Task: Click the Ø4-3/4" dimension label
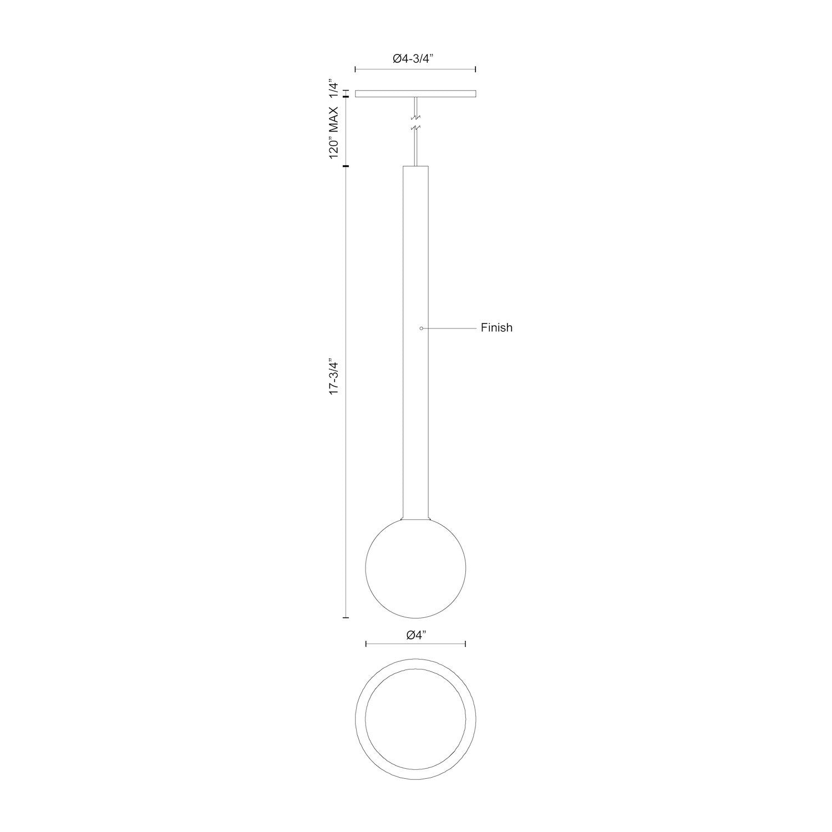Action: click(415, 58)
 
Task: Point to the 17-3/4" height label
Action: click(333, 378)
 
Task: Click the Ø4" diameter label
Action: click(415, 636)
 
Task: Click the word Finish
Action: click(496, 328)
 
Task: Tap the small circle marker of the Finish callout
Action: click(422, 328)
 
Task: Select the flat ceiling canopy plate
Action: click(415, 94)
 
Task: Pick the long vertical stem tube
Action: click(415, 333)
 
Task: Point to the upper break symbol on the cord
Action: click(415, 118)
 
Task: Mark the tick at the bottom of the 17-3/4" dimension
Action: click(346, 617)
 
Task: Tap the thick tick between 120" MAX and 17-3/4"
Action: click(346, 166)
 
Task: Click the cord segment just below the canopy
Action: click(415, 105)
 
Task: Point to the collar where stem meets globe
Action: click(415, 517)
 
